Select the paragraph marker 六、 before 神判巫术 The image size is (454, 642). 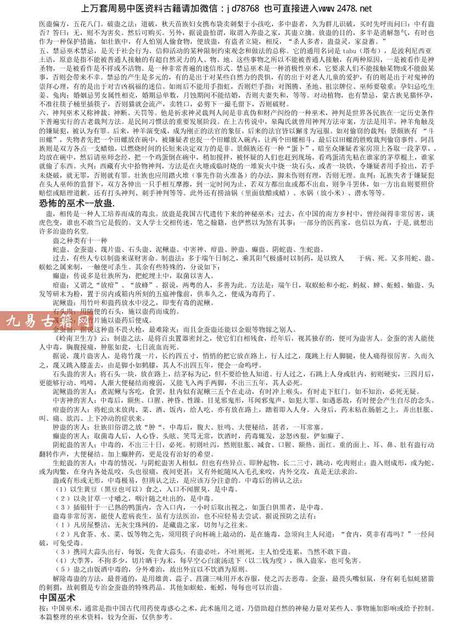45,111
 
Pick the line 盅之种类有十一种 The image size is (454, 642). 80,240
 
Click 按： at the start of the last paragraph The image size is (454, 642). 44,609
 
